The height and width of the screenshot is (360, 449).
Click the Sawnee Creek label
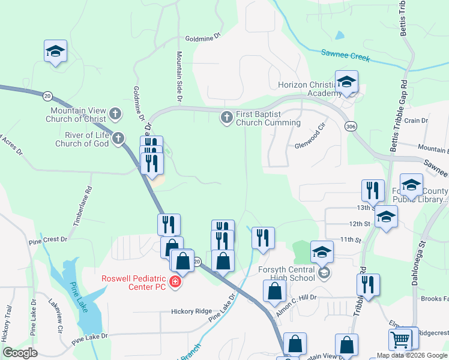click(x=345, y=55)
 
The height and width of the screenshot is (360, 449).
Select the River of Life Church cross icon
click(x=118, y=139)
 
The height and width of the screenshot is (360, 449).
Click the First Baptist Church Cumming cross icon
click(x=227, y=118)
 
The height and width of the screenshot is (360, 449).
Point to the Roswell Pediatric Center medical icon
click(x=175, y=282)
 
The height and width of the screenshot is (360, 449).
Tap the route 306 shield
click(x=351, y=126)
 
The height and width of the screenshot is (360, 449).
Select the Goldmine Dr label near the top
click(x=203, y=37)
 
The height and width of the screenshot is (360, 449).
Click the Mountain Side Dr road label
click(x=179, y=76)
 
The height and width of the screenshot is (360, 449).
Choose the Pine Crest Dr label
click(x=48, y=239)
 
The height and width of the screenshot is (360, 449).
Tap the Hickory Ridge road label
click(x=191, y=311)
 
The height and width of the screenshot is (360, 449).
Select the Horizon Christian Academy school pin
click(x=346, y=83)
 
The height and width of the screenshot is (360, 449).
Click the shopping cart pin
click(x=400, y=340)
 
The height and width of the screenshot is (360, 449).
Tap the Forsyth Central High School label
click(x=286, y=273)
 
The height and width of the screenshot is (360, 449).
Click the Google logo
click(x=20, y=353)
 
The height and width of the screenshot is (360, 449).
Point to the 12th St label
click(x=359, y=224)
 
